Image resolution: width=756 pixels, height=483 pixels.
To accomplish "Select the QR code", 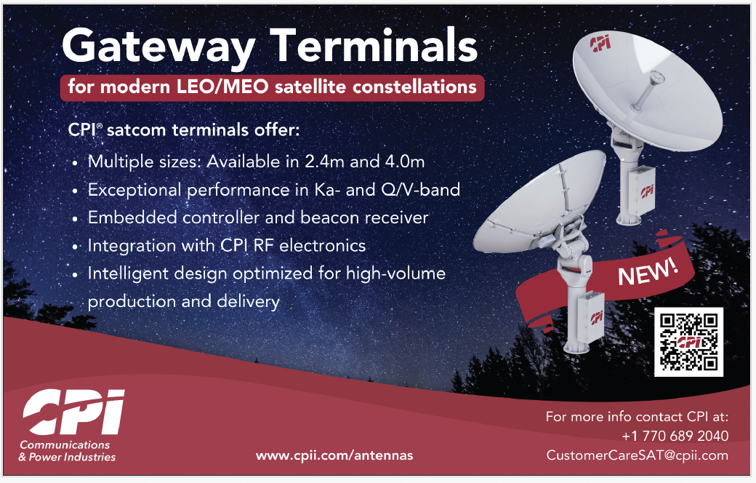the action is coord(688,342).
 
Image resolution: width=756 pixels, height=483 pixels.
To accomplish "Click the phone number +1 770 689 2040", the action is coord(675,436).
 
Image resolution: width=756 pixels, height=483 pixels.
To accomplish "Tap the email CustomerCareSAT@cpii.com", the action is coord(638,455).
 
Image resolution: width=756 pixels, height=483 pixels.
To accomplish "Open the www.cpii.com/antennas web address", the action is coord(334,455).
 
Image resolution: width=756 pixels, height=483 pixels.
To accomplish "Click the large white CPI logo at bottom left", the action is coord(73,412).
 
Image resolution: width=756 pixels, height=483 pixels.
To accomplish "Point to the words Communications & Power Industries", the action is coord(67,451).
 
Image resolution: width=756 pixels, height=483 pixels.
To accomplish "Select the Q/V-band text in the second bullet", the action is coord(420,190).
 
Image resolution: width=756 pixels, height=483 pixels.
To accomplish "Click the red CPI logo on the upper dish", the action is coord(600,42).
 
